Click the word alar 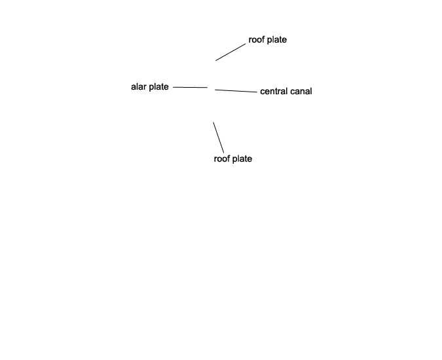click(x=139, y=86)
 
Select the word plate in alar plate click(x=158, y=87)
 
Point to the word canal click(x=301, y=91)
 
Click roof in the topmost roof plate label click(x=256, y=40)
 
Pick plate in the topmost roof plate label click(x=277, y=41)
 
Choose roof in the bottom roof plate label click(x=221, y=158)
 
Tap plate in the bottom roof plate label click(x=242, y=159)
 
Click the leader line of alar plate click(x=191, y=87)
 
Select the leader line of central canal click(x=236, y=91)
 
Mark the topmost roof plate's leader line click(x=230, y=52)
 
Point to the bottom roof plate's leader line click(x=219, y=137)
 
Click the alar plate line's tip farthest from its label click(x=208, y=88)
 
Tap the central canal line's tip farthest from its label click(x=215, y=90)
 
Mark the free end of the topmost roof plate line click(x=215, y=61)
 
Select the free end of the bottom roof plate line click(x=213, y=122)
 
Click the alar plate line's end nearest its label click(x=173, y=87)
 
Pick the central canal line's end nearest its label click(x=257, y=92)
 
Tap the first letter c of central click(x=262, y=92)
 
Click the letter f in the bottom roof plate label click(x=228, y=158)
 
